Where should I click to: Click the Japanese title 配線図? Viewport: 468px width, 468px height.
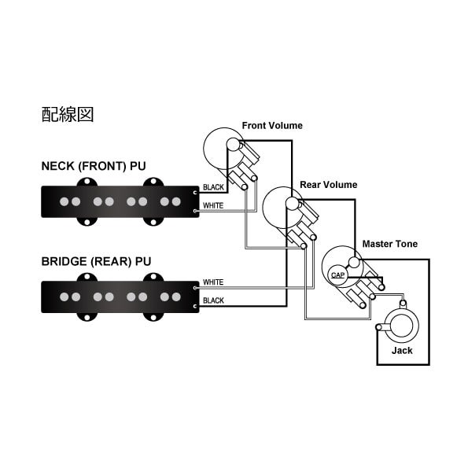click(x=68, y=114)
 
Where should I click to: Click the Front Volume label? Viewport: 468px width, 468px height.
click(x=272, y=126)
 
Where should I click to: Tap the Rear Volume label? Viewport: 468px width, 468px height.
click(x=329, y=185)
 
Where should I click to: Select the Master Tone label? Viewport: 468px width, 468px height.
click(x=390, y=244)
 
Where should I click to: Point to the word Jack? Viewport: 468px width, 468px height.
click(x=402, y=350)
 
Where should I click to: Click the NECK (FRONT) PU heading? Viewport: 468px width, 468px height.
click(x=94, y=166)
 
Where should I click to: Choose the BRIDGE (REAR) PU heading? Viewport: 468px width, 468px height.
click(x=96, y=261)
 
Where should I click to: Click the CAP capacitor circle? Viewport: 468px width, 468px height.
click(x=337, y=275)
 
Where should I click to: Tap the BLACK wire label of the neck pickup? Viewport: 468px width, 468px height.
click(x=213, y=187)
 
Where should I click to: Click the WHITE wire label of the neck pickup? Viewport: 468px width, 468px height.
click(x=213, y=205)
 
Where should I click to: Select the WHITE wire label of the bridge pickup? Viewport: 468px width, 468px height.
click(x=213, y=282)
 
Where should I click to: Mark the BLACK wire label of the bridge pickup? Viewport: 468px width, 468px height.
click(x=213, y=300)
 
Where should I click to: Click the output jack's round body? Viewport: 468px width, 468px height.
click(x=401, y=326)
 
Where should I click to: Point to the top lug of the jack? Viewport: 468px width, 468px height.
click(x=403, y=304)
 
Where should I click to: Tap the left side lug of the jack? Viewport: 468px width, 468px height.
click(x=380, y=327)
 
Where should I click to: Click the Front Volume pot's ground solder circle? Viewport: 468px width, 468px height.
click(x=233, y=144)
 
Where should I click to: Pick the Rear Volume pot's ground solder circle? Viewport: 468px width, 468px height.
click(x=292, y=203)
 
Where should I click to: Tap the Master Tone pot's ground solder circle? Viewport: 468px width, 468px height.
click(x=354, y=263)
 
